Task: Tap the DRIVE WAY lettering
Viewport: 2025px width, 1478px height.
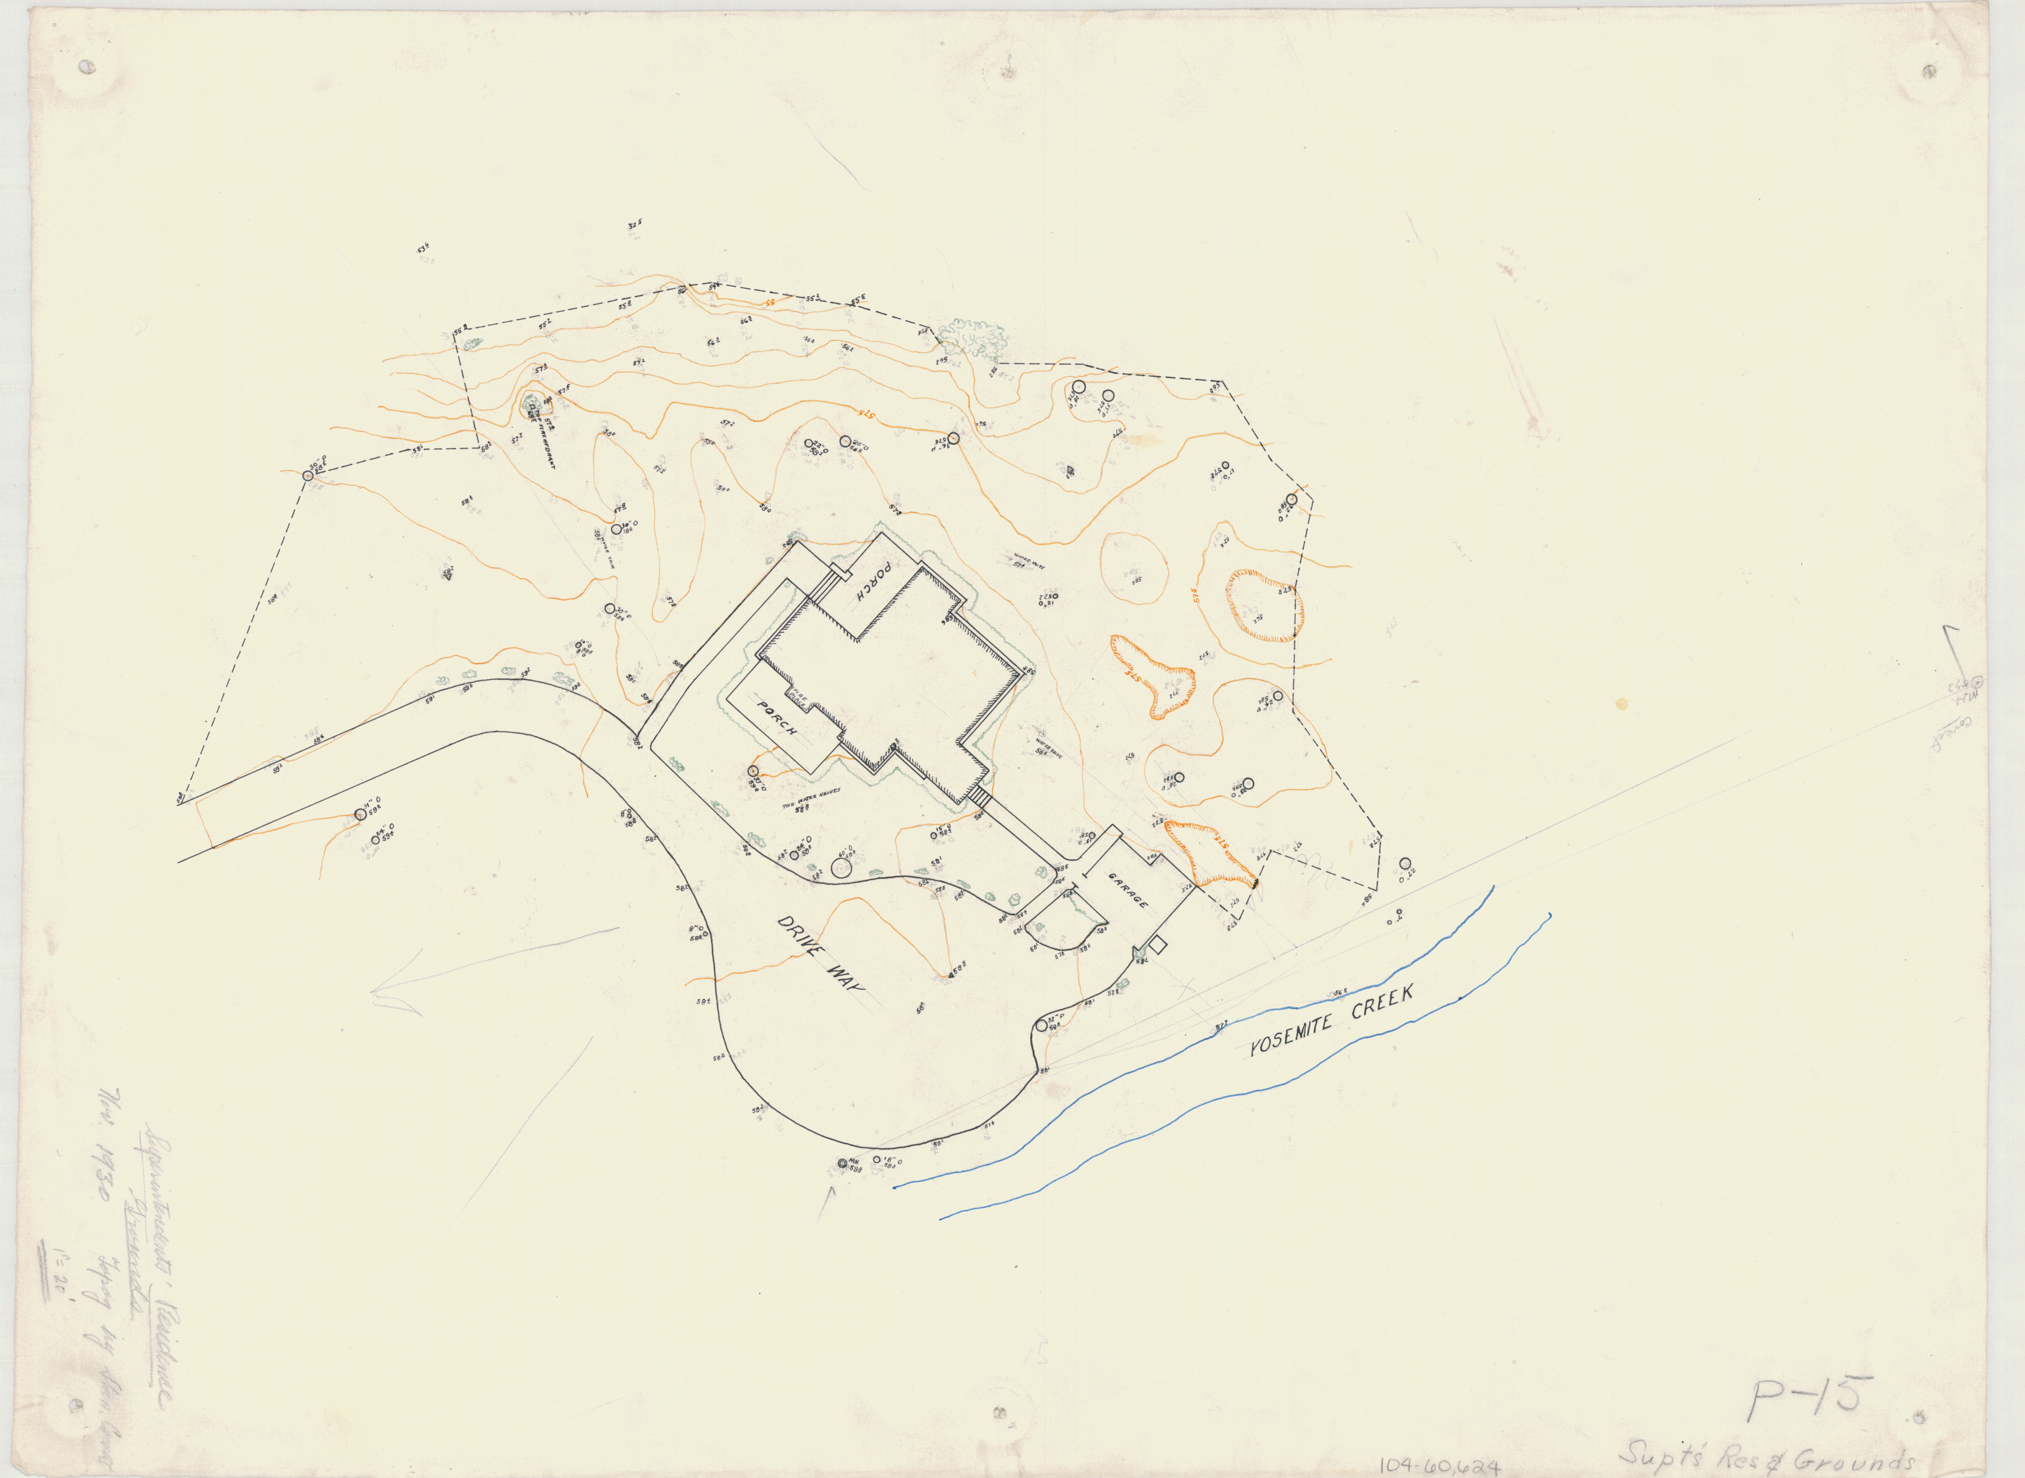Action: (x=822, y=964)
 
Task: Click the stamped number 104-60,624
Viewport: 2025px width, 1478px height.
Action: (x=1439, y=1465)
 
